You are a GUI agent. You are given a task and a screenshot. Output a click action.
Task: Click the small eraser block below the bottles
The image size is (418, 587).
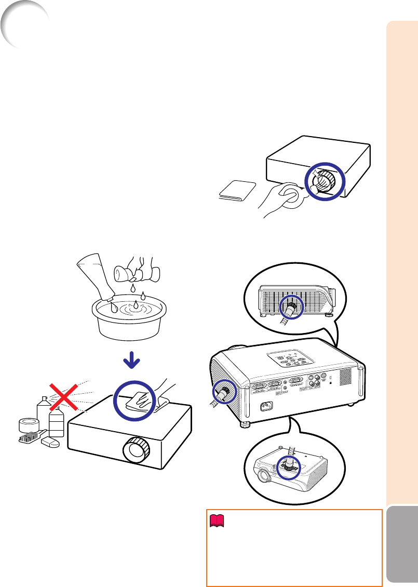pos(51,442)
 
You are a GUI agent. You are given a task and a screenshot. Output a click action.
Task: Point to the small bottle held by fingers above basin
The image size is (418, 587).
pos(129,273)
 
